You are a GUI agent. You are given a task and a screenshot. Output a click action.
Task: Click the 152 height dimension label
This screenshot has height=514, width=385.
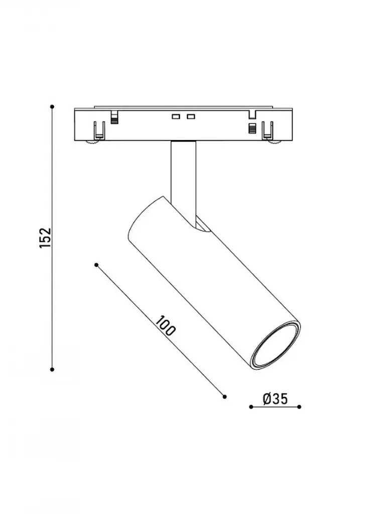[45, 237]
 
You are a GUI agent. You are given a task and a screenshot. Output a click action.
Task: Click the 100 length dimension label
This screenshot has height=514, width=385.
[165, 326]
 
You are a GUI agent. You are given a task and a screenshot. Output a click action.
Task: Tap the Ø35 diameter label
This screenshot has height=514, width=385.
[275, 399]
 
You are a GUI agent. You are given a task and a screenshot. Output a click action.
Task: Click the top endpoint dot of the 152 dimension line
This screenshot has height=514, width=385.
[52, 106]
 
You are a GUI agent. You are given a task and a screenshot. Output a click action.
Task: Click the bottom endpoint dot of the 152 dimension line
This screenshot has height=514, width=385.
[52, 369]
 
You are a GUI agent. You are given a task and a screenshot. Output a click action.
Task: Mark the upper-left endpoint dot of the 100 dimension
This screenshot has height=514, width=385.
[96, 265]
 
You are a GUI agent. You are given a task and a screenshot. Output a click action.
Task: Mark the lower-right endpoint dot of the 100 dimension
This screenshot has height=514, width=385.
[225, 397]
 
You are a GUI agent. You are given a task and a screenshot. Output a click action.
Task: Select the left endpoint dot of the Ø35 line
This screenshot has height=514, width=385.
[251, 407]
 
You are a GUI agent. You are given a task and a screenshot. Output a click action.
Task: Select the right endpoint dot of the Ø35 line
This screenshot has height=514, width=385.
[299, 407]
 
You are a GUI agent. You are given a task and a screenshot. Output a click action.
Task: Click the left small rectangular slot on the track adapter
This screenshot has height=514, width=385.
[176, 116]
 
